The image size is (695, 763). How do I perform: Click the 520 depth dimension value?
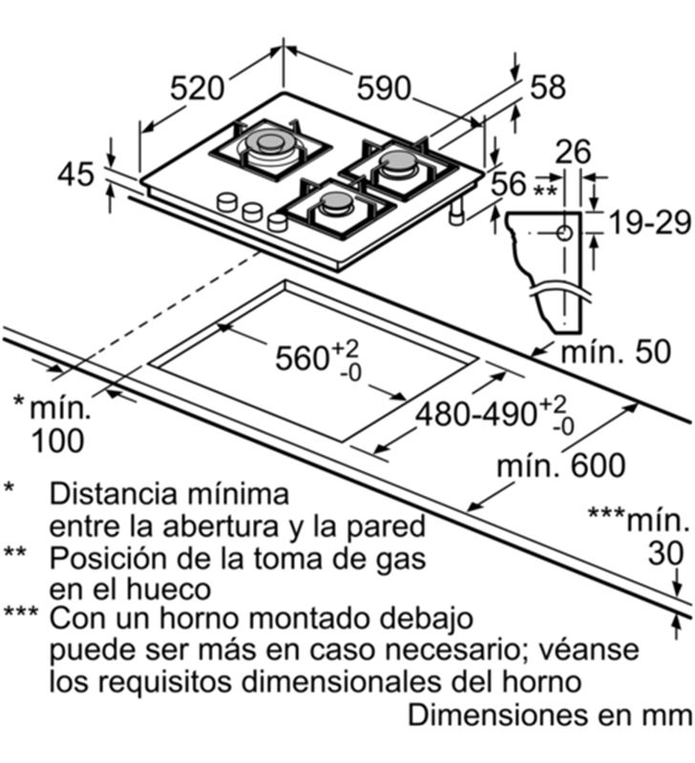(198, 89)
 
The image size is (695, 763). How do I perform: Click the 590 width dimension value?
(385, 89)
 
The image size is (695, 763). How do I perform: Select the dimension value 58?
(548, 88)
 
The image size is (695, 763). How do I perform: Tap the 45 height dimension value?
(76, 175)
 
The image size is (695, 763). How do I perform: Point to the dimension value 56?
(509, 184)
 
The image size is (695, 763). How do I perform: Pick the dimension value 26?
(573, 152)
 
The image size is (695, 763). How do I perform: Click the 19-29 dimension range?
(650, 222)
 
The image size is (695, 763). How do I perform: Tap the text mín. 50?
(616, 352)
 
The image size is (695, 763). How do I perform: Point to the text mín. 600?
(561, 465)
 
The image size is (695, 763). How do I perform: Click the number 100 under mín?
(57, 442)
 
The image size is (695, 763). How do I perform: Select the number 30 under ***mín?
(665, 553)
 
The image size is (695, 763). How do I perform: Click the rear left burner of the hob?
(271, 145)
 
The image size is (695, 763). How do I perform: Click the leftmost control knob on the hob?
(227, 202)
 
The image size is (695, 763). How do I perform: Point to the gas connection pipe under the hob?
(457, 212)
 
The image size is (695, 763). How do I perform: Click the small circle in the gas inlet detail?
(564, 234)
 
